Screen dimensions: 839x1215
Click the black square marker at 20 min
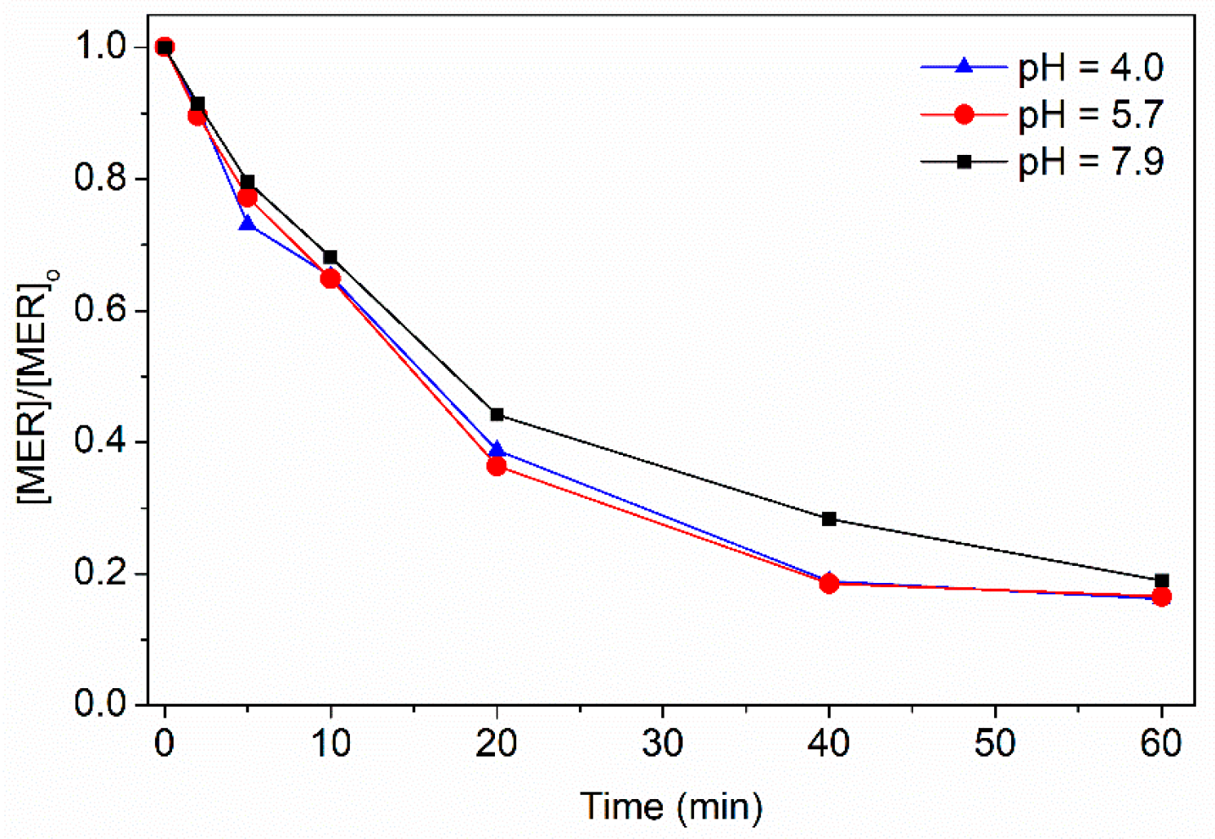pyautogui.click(x=497, y=415)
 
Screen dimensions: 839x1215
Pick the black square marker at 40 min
pyautogui.click(x=829, y=519)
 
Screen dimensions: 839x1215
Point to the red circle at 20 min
pyautogui.click(x=497, y=466)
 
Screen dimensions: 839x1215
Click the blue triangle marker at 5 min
pyautogui.click(x=247, y=223)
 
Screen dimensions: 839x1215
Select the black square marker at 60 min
pyautogui.click(x=1162, y=581)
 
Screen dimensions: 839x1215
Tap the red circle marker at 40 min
pyautogui.click(x=829, y=583)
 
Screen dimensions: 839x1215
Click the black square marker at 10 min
pyautogui.click(x=330, y=258)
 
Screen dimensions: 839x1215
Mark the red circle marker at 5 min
pyautogui.click(x=247, y=197)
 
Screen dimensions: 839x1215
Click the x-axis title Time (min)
pyautogui.click(x=671, y=806)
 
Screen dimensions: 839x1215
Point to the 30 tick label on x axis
pyautogui.click(x=663, y=744)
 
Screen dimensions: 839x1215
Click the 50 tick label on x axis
pyautogui.click(x=996, y=744)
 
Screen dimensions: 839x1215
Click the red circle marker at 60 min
pyautogui.click(x=1162, y=597)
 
